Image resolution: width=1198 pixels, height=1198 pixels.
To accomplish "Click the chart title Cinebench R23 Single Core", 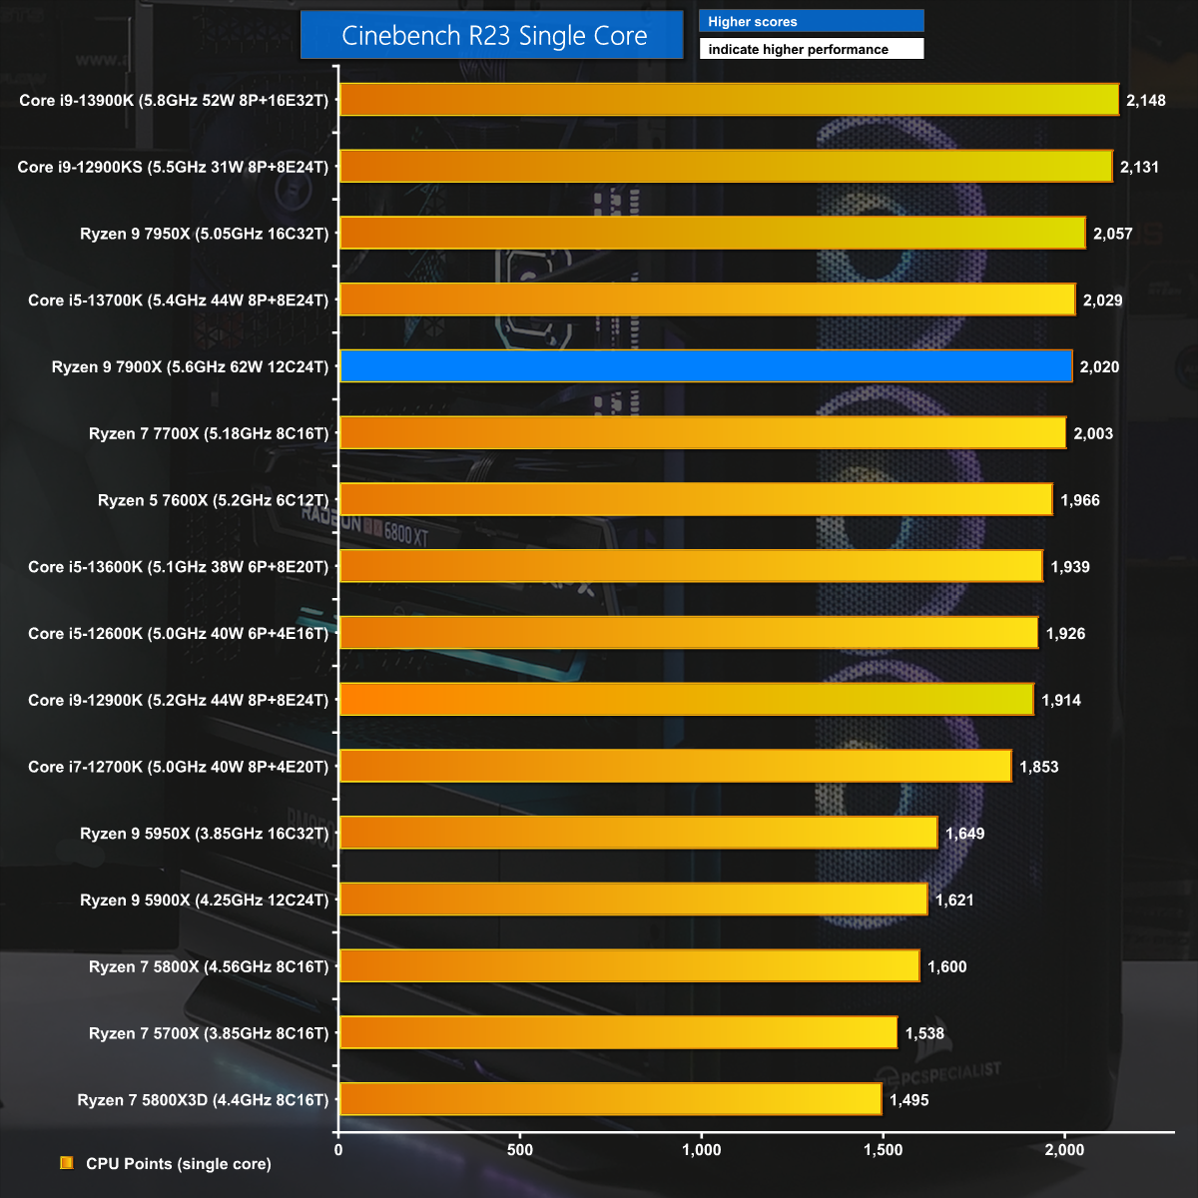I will (x=493, y=36).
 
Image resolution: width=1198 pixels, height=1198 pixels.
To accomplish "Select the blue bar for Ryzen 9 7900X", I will (x=706, y=366).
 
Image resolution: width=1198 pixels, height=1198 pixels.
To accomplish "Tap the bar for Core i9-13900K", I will (x=729, y=100).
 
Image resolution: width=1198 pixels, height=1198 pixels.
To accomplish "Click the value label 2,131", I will (x=1139, y=167).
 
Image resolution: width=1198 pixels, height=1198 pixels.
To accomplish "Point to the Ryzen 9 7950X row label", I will (x=204, y=234).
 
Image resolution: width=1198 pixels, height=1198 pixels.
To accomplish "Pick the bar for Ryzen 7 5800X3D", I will (x=610, y=1099).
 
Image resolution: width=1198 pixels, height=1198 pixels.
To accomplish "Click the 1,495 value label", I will (x=908, y=1100).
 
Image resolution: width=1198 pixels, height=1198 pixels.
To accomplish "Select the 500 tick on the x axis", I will (x=520, y=1150).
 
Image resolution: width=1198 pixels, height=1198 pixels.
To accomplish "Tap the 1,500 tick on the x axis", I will (x=883, y=1150).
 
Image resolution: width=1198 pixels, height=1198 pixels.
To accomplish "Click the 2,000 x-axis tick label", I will (x=1064, y=1150).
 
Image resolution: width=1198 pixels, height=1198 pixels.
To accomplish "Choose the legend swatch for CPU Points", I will (x=67, y=1163).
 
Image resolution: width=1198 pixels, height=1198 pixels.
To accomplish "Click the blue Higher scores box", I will (x=811, y=21).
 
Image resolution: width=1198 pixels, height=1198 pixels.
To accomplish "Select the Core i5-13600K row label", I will (x=178, y=567).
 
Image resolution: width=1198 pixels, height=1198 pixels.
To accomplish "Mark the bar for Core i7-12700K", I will (x=675, y=767).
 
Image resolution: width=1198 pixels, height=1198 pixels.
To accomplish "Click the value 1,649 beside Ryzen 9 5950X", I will (x=964, y=834).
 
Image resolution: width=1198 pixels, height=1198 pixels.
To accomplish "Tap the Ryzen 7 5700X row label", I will (x=208, y=1033).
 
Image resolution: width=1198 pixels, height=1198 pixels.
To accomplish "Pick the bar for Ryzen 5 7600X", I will (x=696, y=500).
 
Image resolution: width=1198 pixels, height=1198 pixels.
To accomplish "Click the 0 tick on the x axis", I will (x=338, y=1150).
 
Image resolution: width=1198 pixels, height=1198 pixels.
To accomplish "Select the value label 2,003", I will (x=1093, y=433).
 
